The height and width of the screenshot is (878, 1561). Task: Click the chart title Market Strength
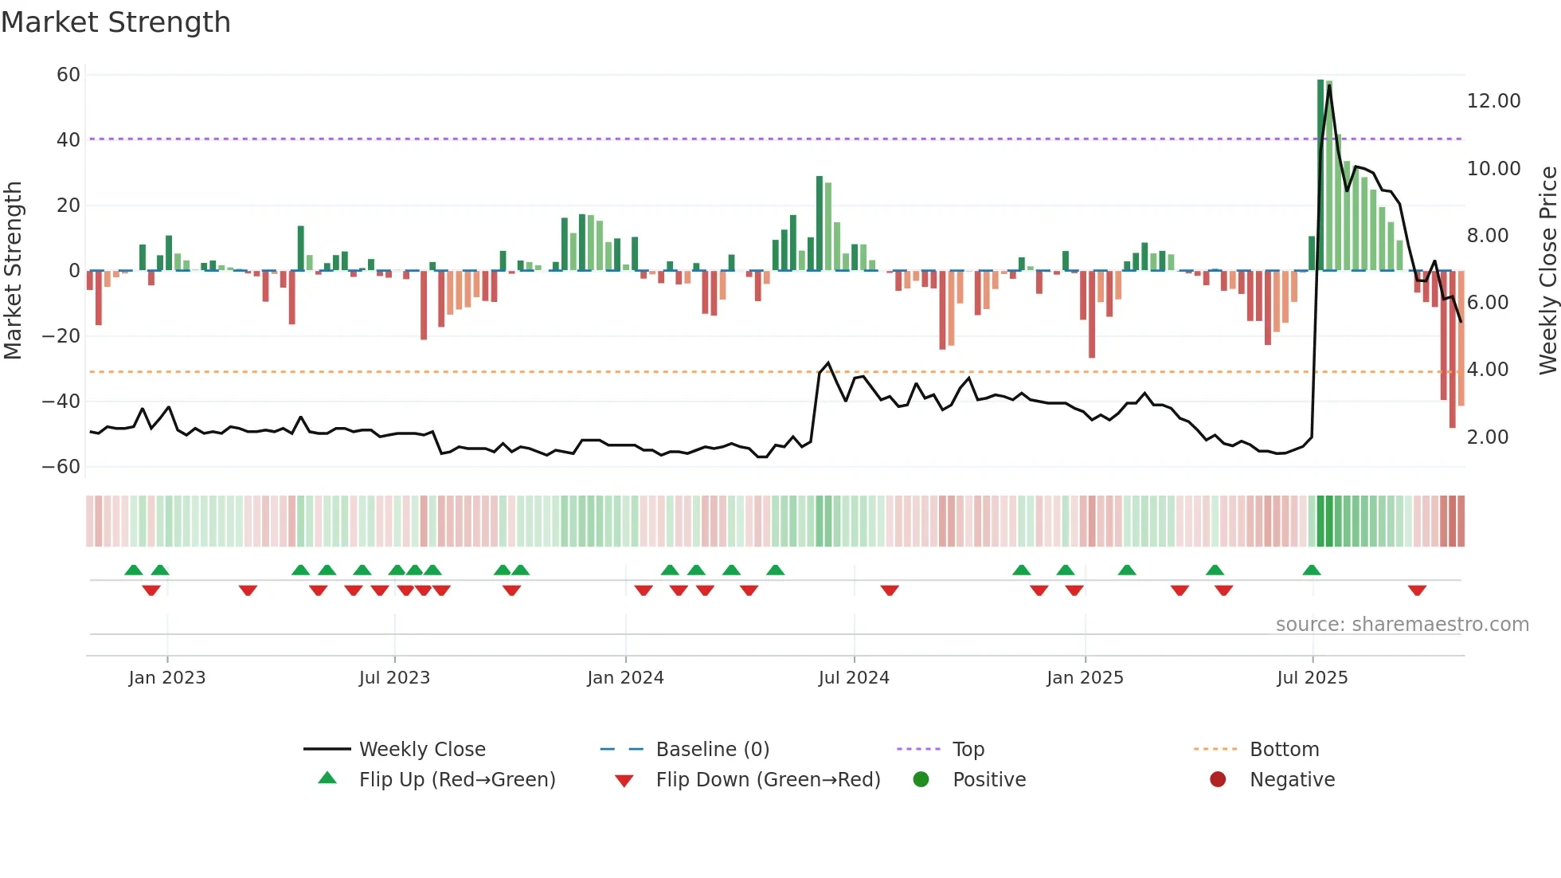coord(115,22)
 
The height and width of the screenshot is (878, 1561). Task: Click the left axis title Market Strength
coord(13,270)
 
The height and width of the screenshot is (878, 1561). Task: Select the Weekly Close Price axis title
coord(1547,270)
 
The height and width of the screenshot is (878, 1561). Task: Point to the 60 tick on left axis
coord(68,75)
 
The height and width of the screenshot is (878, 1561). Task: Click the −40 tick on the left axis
coord(61,402)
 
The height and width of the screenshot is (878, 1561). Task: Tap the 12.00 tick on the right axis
coord(1493,101)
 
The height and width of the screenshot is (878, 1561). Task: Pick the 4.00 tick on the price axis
coord(1487,370)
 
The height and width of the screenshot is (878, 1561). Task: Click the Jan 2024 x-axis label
coord(625,678)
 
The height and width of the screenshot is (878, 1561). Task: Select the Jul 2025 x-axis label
coord(1312,678)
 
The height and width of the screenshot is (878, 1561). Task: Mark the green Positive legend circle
coord(921,780)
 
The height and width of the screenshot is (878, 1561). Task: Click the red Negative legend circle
coord(1218,780)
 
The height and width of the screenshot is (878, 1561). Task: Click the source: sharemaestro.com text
coord(1402,625)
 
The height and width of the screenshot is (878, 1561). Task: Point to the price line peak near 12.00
coord(1329,86)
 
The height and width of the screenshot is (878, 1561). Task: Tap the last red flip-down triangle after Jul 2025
coord(1417,590)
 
